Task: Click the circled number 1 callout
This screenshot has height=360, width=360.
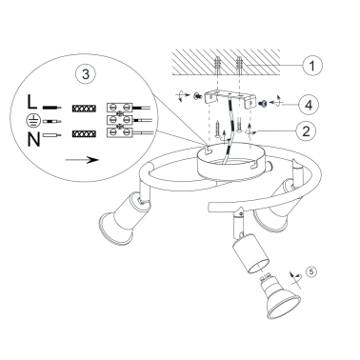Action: [x=312, y=66]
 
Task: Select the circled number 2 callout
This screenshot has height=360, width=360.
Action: [x=306, y=130]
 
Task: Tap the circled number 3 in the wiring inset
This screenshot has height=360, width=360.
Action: [x=86, y=74]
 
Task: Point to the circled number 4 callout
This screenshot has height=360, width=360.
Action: [x=309, y=105]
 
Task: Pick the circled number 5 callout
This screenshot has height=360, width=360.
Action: [x=311, y=271]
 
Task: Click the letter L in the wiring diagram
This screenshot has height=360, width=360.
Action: [x=32, y=102]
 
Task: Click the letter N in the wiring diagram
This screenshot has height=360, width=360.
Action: [x=34, y=139]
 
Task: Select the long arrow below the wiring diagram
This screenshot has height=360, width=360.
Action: [x=82, y=159]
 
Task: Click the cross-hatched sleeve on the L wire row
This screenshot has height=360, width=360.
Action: [x=84, y=109]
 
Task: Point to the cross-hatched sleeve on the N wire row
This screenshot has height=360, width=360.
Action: [x=84, y=134]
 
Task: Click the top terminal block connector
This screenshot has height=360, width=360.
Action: [x=119, y=107]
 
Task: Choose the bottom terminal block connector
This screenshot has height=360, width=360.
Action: [x=119, y=132]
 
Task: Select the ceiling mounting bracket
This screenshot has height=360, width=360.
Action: [x=229, y=97]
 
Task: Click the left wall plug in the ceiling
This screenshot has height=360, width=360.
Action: [x=217, y=65]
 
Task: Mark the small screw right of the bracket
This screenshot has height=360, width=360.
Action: [x=263, y=103]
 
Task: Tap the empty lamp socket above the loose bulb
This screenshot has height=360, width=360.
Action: [x=250, y=253]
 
